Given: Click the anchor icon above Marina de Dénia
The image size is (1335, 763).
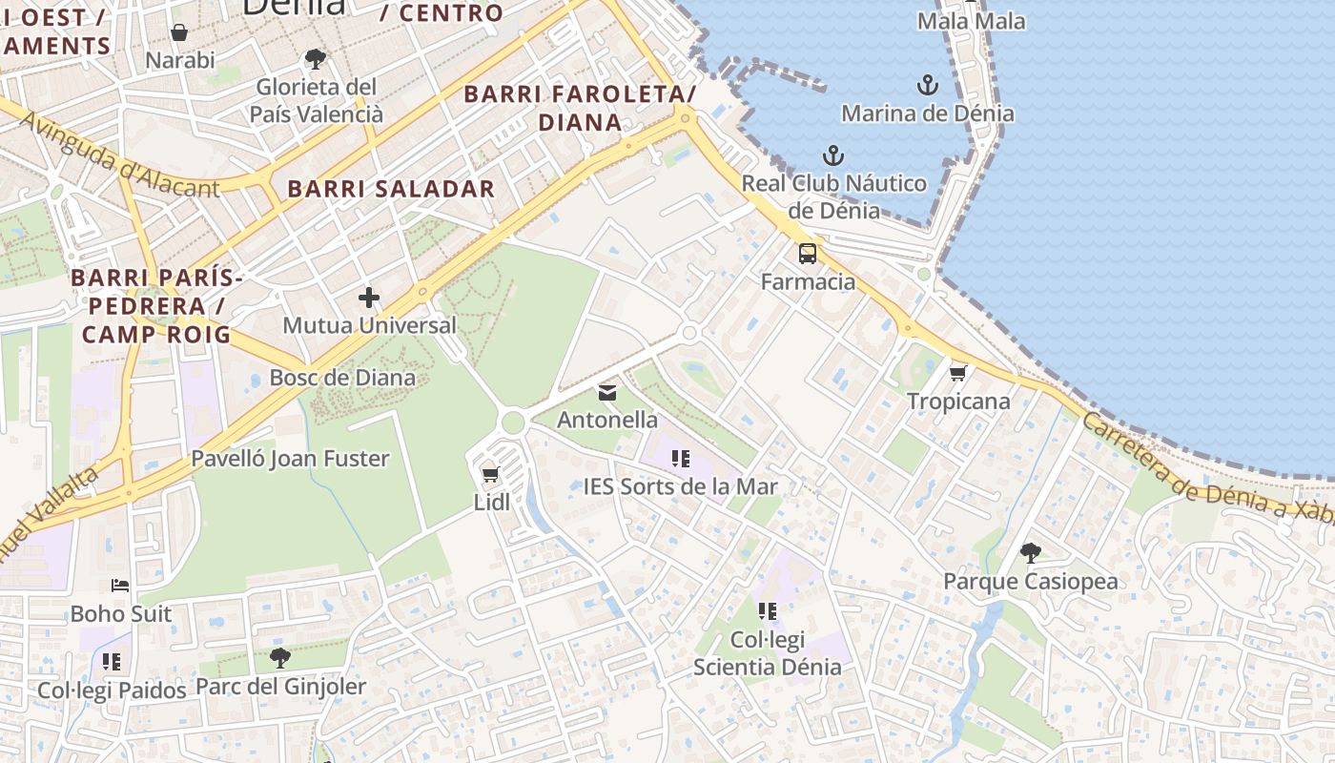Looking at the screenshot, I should [927, 86].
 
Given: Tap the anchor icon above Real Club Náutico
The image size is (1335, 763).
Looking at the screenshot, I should [833, 155].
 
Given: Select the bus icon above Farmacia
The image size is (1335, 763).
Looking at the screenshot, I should [808, 254].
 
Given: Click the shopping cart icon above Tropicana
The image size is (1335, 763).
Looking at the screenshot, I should [958, 373].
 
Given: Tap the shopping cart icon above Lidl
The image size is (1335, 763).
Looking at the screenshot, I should [491, 474].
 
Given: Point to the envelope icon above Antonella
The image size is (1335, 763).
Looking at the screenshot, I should [607, 392].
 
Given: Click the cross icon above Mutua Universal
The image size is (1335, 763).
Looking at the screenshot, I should [369, 298].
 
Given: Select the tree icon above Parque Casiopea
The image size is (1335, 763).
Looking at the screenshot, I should [1030, 552].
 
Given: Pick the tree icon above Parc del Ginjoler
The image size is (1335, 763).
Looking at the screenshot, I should [279, 657].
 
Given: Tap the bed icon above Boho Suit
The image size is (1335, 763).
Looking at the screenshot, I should [120, 586].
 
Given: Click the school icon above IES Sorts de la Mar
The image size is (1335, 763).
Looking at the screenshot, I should [680, 459].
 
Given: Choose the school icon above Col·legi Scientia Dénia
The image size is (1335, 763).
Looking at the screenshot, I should [767, 611].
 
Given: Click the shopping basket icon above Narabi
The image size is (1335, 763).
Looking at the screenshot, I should [179, 33].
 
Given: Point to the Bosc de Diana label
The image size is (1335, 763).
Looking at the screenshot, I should [342, 378].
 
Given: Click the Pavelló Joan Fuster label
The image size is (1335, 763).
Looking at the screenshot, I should [290, 459].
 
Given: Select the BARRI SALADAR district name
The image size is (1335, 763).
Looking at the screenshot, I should [391, 189].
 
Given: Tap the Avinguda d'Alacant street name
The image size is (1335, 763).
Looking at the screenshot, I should [119, 155].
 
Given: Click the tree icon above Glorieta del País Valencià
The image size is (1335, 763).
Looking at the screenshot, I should [315, 60].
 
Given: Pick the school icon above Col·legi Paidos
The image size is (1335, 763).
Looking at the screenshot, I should [112, 661].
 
